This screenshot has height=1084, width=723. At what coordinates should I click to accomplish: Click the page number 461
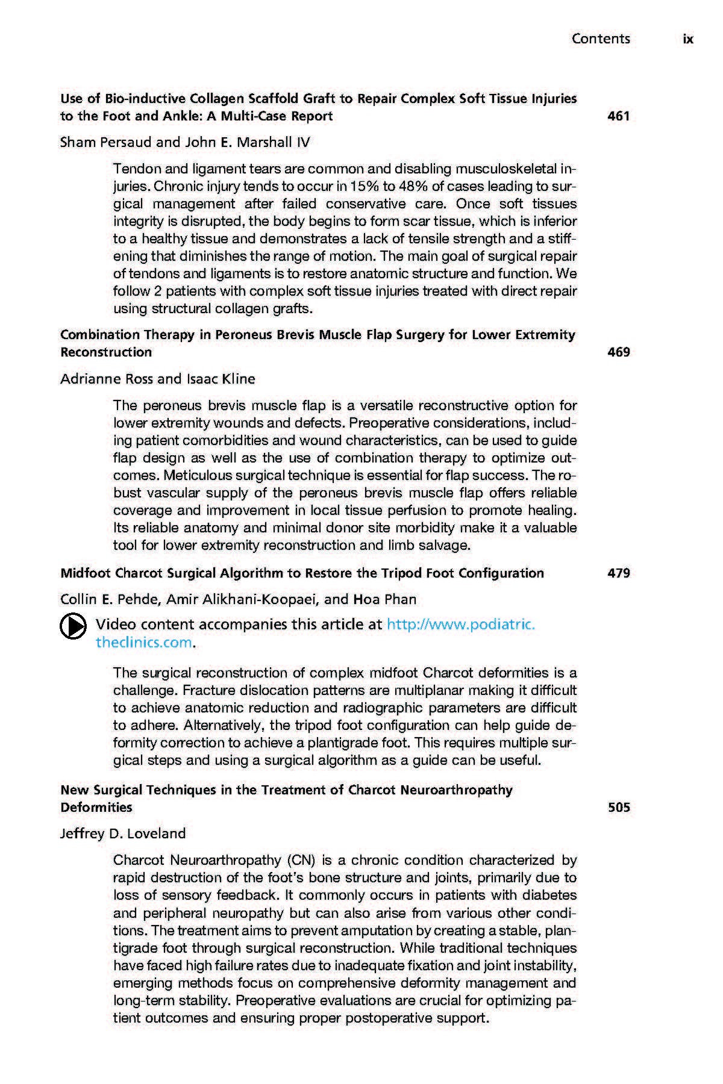(619, 116)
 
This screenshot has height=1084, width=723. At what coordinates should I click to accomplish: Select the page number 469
(619, 352)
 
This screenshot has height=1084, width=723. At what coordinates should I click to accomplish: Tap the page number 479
(619, 573)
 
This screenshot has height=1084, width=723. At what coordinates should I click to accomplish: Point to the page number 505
(619, 808)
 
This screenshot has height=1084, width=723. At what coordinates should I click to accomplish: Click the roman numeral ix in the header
(688, 39)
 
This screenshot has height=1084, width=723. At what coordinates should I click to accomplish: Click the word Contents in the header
(601, 39)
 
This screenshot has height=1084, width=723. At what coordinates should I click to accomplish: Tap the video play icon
(72, 627)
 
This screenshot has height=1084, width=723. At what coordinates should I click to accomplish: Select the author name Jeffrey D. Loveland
(123, 834)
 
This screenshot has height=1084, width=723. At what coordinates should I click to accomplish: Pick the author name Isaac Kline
(221, 379)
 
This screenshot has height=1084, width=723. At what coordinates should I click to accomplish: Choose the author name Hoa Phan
(384, 600)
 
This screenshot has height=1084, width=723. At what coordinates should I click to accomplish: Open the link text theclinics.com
(143, 643)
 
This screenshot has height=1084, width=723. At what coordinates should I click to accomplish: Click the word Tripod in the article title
(402, 573)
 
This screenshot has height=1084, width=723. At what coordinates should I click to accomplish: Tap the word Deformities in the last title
(96, 808)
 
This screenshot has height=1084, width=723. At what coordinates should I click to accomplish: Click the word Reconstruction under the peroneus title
(106, 352)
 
